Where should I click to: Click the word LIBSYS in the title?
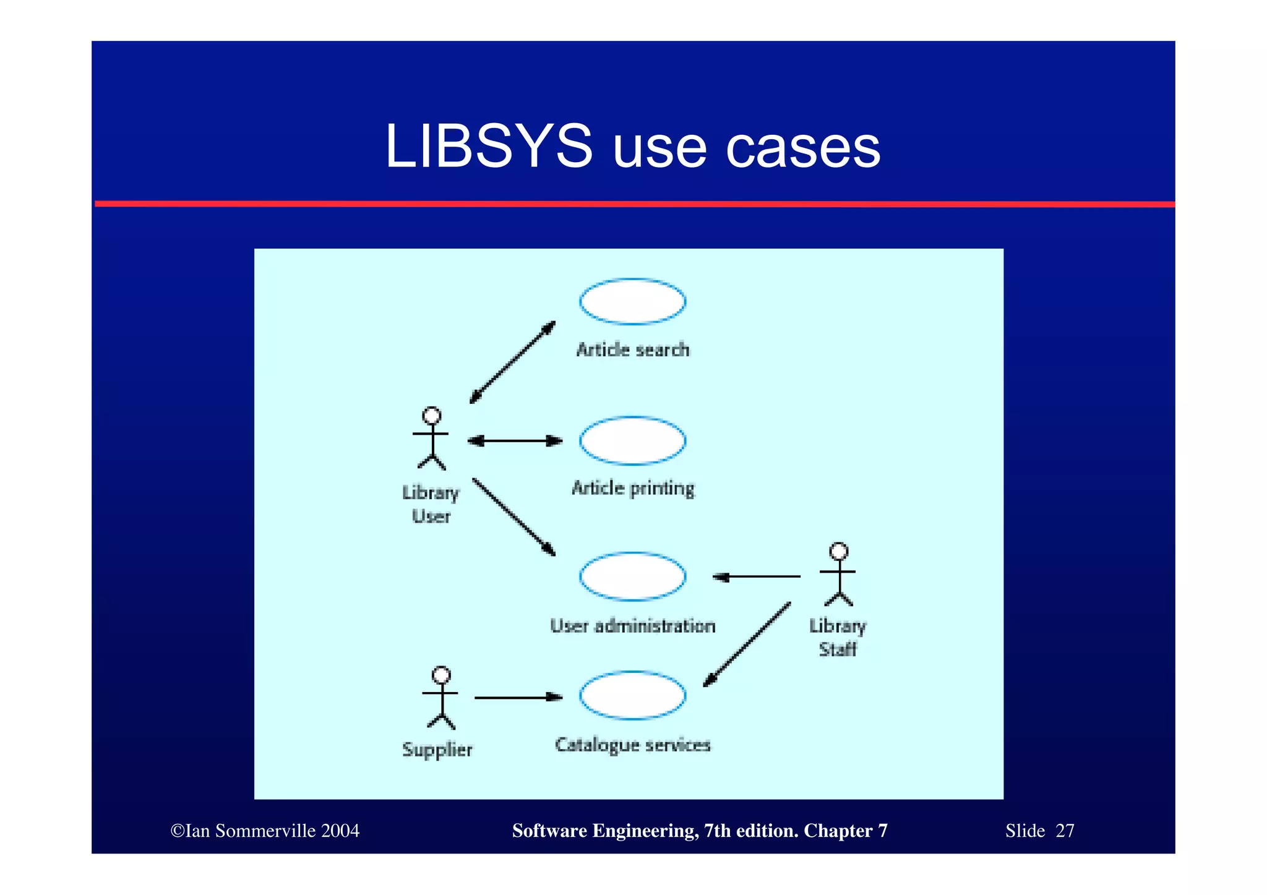pos(489,146)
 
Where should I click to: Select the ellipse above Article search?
pos(632,301)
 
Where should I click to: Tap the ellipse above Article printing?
pos(632,440)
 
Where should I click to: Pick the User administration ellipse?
pos(632,576)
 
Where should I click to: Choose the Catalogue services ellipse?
pos(632,695)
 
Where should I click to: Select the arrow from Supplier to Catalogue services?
pos(518,698)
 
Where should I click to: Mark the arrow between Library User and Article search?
pos(512,362)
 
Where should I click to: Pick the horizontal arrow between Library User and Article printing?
pos(515,441)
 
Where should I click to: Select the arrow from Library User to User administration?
pos(513,516)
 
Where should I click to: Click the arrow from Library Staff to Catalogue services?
pos(747,644)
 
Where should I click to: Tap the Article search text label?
pos(632,350)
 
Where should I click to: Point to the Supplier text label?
pos(437,750)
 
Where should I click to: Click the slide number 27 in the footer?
pos(1065,831)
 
